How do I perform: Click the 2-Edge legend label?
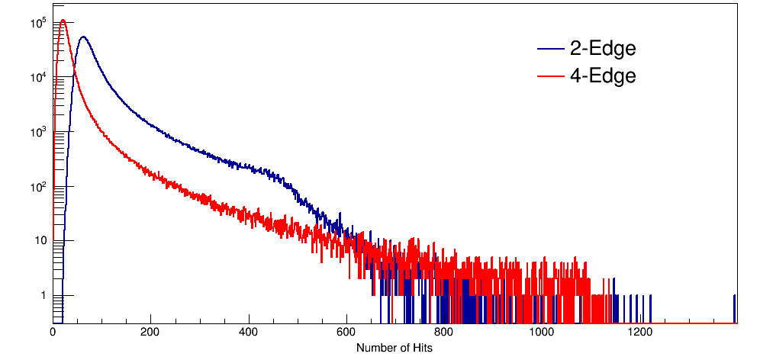click(x=602, y=49)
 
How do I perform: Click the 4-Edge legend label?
click(x=602, y=76)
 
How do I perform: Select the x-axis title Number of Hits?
click(x=394, y=348)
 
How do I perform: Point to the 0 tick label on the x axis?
click(x=53, y=333)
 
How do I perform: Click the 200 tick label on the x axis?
click(x=151, y=333)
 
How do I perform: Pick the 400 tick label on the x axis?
click(x=249, y=333)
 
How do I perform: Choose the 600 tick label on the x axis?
click(x=346, y=333)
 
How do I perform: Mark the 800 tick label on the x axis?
click(x=444, y=333)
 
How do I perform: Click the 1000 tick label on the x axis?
click(x=542, y=333)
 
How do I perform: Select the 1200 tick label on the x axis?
click(x=639, y=333)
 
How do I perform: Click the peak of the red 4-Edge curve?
click(x=63, y=21)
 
